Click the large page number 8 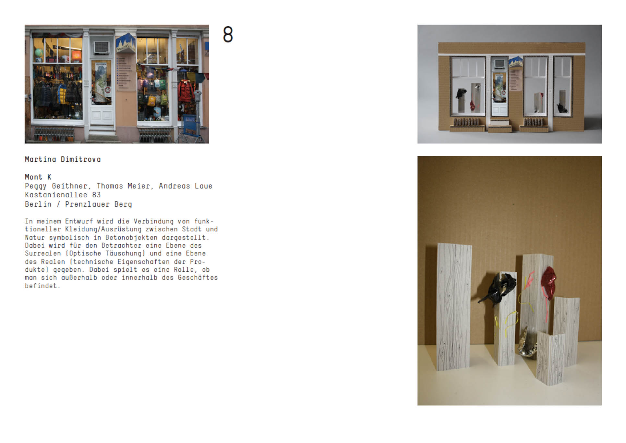228,34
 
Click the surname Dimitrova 81,159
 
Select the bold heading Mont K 38,177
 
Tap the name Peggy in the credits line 36,186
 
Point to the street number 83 96,195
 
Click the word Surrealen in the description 43,253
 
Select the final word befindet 42,286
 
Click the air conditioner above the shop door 102,47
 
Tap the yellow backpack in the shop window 151,100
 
